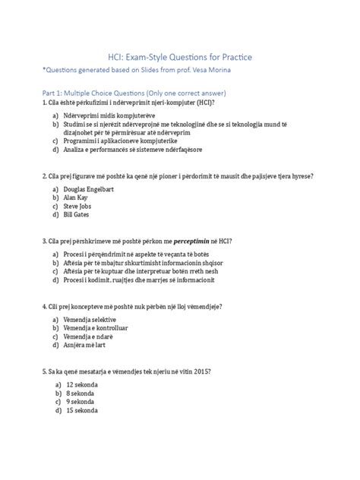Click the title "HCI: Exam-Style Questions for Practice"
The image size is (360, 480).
180,57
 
